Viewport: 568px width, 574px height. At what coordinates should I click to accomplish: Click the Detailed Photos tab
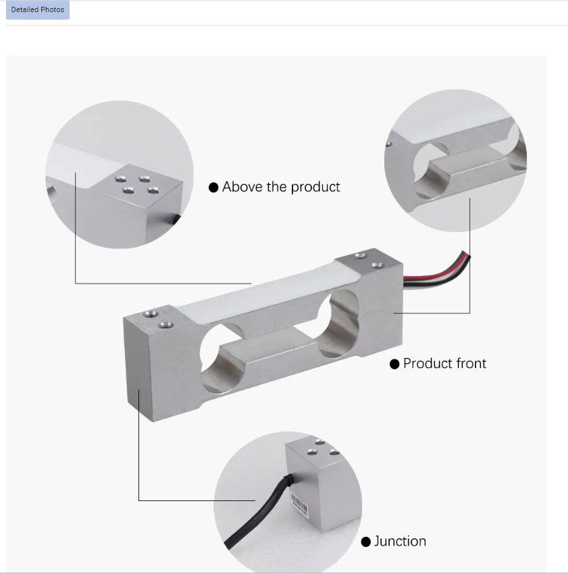(38, 10)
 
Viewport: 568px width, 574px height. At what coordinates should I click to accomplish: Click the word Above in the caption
(242, 186)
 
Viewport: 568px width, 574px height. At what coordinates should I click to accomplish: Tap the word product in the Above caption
(315, 187)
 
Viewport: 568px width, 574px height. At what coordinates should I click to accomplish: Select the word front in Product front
(471, 363)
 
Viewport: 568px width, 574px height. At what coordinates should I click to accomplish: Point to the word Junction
(400, 542)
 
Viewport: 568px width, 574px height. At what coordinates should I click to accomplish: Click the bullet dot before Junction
(365, 542)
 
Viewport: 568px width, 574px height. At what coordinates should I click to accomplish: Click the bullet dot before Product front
(394, 364)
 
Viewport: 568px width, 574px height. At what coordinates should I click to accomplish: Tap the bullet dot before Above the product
(213, 188)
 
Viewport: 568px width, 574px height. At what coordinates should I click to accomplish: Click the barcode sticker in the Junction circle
(299, 504)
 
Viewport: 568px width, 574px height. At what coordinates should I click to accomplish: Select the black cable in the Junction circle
(257, 513)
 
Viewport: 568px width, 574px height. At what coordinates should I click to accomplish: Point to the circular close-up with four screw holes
(120, 175)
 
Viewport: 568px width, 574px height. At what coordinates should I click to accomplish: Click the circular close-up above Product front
(456, 160)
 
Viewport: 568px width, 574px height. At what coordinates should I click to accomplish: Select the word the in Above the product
(277, 186)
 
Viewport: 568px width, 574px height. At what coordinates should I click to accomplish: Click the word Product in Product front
(428, 363)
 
